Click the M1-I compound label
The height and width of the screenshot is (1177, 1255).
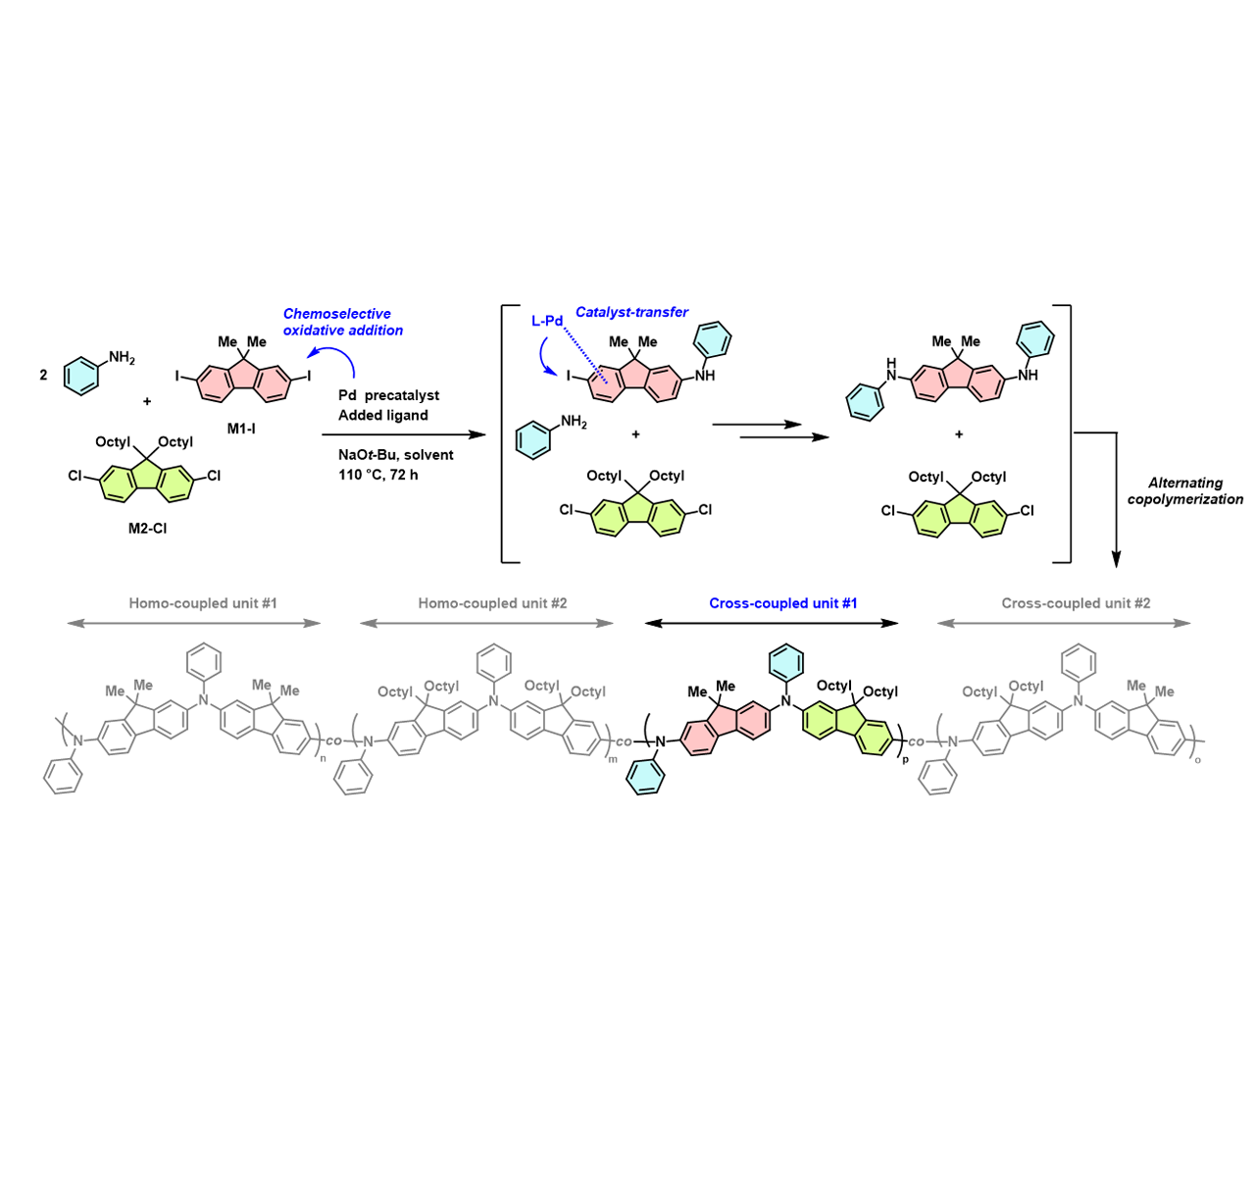(x=241, y=429)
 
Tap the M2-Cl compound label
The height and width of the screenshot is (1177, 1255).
(x=147, y=529)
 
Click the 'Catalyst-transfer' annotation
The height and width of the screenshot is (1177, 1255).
(x=631, y=312)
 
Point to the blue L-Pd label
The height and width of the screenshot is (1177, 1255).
(x=547, y=321)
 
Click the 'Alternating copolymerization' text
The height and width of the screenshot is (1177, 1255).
(x=1184, y=490)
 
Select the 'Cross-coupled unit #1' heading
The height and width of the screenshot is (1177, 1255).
(x=782, y=603)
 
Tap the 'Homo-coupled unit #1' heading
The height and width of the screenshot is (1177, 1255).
(x=203, y=603)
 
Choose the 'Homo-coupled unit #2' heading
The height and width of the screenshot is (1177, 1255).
(x=492, y=603)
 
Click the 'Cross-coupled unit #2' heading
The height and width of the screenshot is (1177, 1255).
(x=1076, y=603)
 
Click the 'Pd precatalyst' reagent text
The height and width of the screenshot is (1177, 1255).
(x=388, y=395)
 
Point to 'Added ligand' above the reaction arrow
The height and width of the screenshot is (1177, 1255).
(x=382, y=415)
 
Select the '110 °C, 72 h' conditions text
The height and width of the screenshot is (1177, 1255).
(x=377, y=475)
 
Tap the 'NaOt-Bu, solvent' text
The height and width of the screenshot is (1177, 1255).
(x=395, y=455)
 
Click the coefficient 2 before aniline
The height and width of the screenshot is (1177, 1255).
(x=43, y=375)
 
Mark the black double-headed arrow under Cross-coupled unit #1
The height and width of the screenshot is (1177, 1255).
(x=772, y=623)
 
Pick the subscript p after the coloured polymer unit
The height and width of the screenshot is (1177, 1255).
(x=905, y=759)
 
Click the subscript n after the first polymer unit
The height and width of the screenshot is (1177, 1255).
(x=324, y=755)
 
